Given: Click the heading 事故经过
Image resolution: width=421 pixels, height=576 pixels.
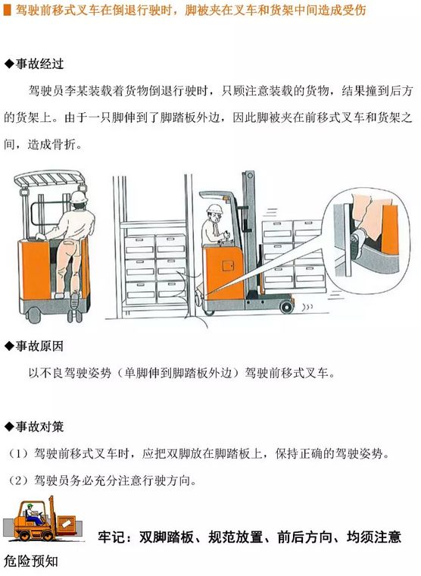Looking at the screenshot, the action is pyautogui.click(x=39, y=64).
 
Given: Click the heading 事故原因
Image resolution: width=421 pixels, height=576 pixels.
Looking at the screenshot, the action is pyautogui.click(x=39, y=346).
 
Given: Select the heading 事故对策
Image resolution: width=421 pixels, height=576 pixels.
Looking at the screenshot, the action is pyautogui.click(x=39, y=427).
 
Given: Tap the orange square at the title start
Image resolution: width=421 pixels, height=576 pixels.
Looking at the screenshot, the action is pyautogui.click(x=7, y=11).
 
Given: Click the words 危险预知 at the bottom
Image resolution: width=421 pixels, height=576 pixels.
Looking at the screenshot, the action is pyautogui.click(x=31, y=562).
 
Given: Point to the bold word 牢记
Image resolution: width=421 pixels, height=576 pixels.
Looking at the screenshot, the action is pyautogui.click(x=111, y=537).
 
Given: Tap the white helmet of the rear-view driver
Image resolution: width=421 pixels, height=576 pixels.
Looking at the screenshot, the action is pyautogui.click(x=79, y=196).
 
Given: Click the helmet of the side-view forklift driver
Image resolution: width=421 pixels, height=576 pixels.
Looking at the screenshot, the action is pyautogui.click(x=214, y=208).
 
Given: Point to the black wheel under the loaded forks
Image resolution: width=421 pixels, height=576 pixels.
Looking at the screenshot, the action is pyautogui.click(x=286, y=306).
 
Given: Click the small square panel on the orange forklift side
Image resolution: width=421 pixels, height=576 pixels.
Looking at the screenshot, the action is pyautogui.click(x=228, y=265).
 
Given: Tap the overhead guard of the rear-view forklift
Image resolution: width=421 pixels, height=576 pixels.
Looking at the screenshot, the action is pyautogui.click(x=50, y=178).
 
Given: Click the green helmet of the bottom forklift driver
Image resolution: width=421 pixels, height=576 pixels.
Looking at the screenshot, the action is pyautogui.click(x=30, y=506).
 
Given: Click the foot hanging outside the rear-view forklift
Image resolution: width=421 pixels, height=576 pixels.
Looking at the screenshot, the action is pyautogui.click(x=74, y=299).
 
